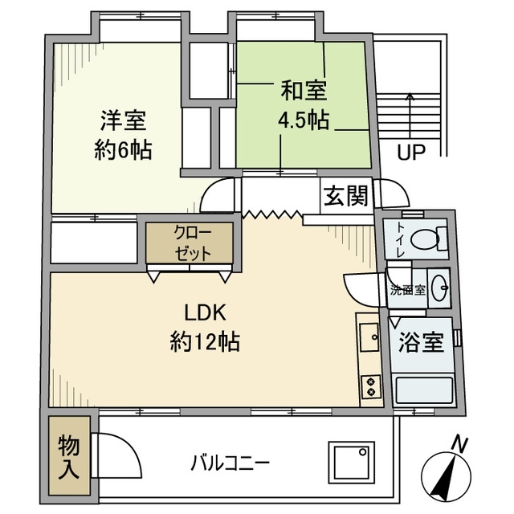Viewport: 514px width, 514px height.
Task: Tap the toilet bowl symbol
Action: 426,239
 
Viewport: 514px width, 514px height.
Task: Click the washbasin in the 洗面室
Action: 440,290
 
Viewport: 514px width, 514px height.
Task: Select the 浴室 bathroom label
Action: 422,344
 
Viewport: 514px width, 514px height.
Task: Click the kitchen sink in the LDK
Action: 369,338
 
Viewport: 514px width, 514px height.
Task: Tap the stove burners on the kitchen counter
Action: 370,387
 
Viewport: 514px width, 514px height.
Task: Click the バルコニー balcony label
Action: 230,463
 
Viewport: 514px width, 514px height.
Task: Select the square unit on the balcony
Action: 350,464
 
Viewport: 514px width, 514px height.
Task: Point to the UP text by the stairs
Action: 410,151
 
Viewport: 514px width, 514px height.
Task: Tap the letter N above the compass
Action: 459,442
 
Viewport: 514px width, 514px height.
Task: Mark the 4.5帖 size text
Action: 302,121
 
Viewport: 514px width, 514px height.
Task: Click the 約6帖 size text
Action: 124,150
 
